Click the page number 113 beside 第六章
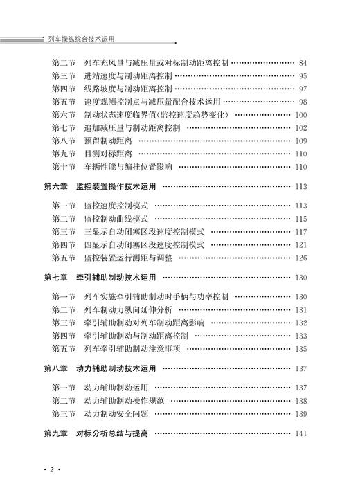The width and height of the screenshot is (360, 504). click(x=300, y=186)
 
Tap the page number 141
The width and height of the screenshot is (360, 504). click(x=300, y=433)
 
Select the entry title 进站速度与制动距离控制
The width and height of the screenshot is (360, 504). click(x=127, y=75)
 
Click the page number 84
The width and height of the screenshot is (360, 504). click(x=303, y=63)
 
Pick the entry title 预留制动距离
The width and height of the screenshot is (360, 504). click(x=105, y=141)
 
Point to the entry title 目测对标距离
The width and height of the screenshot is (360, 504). click(x=105, y=154)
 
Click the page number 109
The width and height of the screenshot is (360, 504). click(x=300, y=141)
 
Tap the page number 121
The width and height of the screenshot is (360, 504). click(x=300, y=245)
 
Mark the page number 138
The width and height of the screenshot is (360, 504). click(x=300, y=401)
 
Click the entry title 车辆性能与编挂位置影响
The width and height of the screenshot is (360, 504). click(x=127, y=166)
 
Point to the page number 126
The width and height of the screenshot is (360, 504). click(x=300, y=258)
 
